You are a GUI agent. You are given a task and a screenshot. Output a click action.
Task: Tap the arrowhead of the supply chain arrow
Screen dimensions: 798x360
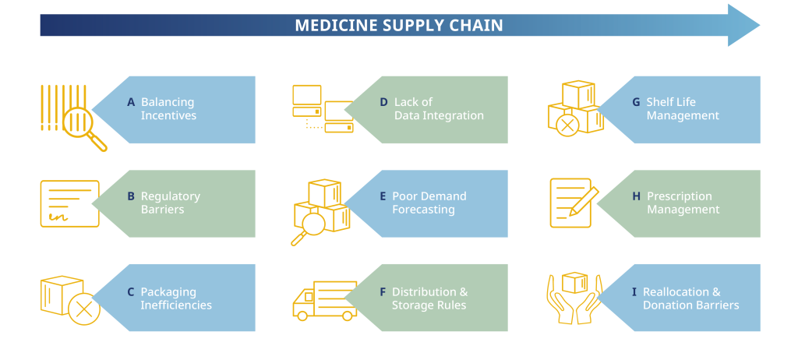[743, 26]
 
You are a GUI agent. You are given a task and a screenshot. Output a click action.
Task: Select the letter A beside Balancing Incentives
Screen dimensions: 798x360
[131, 102]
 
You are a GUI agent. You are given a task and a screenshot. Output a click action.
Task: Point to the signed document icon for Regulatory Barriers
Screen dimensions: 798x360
[69, 203]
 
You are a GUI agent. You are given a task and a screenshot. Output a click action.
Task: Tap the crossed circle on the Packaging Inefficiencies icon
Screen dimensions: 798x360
[84, 309]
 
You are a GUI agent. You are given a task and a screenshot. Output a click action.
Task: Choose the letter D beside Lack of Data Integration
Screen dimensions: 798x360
[383, 102]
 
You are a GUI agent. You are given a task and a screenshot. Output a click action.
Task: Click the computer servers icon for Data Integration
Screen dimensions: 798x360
[323, 109]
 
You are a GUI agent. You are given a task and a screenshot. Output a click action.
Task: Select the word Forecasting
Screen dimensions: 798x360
[423, 210]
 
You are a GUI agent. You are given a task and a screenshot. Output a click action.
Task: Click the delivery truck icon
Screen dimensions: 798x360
[325, 301]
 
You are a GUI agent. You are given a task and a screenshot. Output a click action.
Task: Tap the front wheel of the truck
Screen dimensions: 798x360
[302, 316]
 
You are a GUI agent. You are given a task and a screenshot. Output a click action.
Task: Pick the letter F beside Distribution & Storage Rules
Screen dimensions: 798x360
[383, 292]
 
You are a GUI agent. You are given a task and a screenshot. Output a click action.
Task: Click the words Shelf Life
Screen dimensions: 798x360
[671, 102]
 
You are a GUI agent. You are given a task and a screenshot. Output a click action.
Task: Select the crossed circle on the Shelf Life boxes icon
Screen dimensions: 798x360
[567, 125]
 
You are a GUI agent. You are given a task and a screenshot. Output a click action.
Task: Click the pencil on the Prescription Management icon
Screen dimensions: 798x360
[583, 202]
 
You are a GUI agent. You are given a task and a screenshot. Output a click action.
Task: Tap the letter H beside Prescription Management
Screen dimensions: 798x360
[636, 196]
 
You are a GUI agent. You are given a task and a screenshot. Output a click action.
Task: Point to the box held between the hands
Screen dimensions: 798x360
[574, 283]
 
